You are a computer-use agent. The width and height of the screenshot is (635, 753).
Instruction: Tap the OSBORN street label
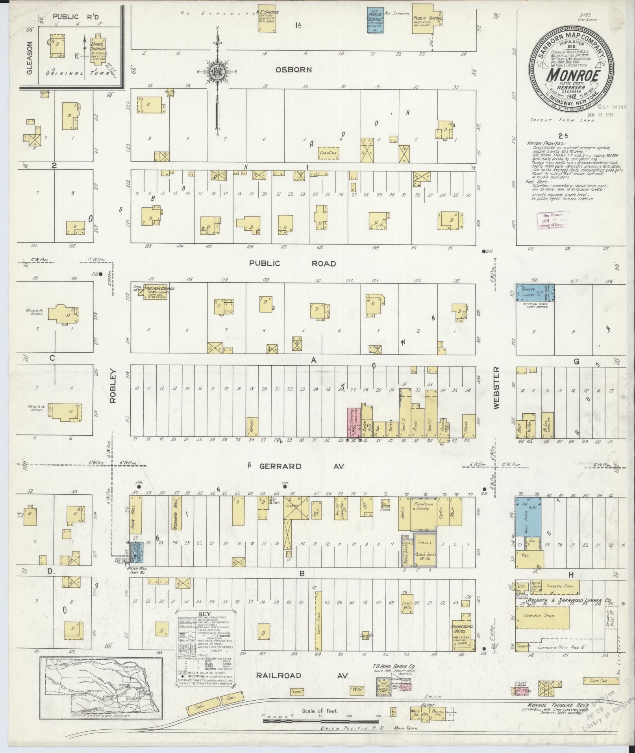point(294,70)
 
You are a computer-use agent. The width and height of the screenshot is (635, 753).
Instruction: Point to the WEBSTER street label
point(496,388)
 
